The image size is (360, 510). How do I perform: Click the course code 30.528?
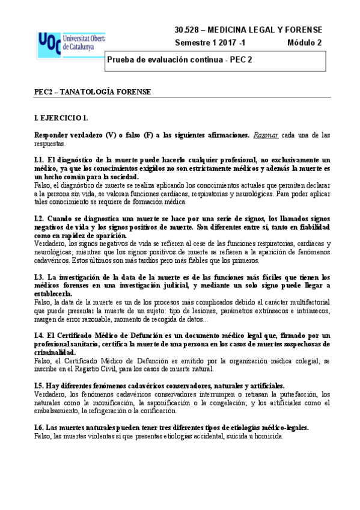pos(186,29)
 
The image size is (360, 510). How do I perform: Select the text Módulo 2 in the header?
pos(304,43)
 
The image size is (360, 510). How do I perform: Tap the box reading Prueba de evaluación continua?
pos(215,60)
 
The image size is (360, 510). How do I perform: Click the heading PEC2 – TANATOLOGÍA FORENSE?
pos(92,92)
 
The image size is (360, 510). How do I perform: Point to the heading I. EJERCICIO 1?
pos(62,119)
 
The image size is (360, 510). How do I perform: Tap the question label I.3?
pos(40,277)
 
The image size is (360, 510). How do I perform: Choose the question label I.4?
pos(40,335)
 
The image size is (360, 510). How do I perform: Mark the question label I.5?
pos(40,386)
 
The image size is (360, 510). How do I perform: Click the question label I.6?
pos(40,428)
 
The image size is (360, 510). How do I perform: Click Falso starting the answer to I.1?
pos(43,186)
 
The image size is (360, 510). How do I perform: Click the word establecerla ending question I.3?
pos(55,294)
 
